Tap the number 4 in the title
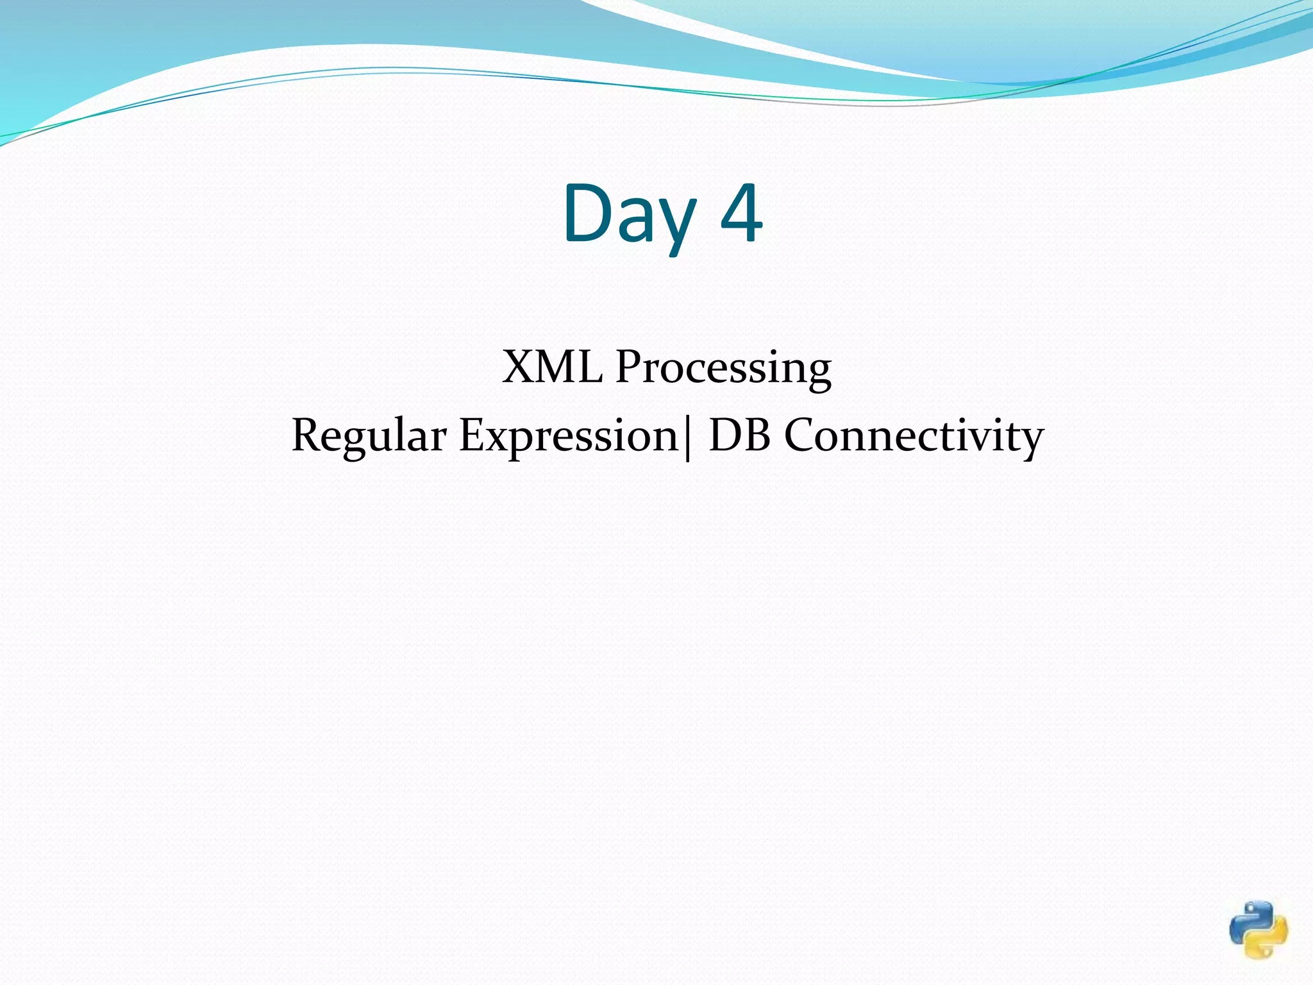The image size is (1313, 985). [742, 214]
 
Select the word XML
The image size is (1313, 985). [552, 367]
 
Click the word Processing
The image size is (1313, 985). [723, 369]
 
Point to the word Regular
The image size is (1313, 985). [369, 436]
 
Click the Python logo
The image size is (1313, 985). [1259, 929]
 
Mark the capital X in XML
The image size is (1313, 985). [520, 367]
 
